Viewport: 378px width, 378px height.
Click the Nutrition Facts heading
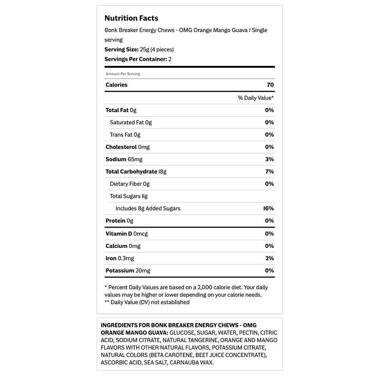(131, 18)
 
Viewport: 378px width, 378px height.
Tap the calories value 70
(270, 85)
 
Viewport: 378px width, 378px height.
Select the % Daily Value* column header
(256, 98)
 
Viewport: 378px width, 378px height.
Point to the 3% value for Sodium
(270, 159)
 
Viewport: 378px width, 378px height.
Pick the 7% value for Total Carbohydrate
(270, 172)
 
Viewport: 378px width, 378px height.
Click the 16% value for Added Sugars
(268, 208)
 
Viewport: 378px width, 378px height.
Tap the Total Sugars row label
(129, 196)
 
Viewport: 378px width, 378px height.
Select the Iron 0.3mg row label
(119, 258)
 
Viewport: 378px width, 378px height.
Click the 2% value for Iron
(270, 258)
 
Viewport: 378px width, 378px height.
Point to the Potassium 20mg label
(128, 271)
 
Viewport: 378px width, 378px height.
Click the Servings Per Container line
(138, 59)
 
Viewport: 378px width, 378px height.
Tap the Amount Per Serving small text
(123, 74)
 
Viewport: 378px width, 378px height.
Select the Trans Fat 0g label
(125, 135)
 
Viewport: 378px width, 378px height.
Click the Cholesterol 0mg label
(127, 147)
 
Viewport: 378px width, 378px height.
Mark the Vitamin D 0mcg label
(127, 234)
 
